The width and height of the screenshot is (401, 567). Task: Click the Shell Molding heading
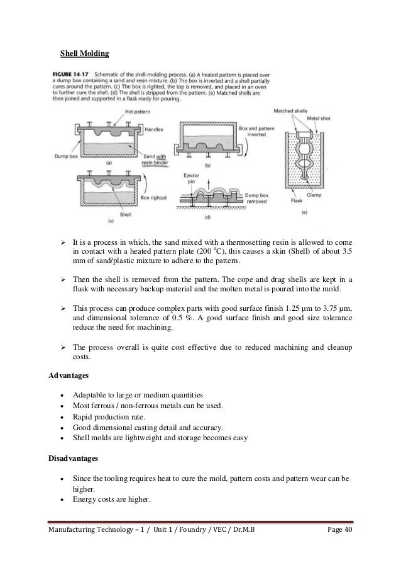tap(84, 53)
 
